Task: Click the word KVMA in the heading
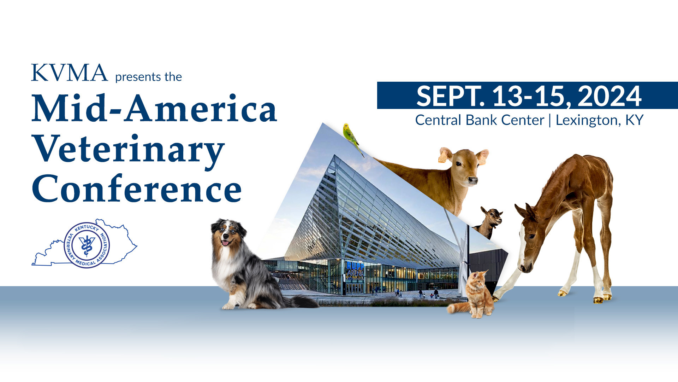click(x=69, y=73)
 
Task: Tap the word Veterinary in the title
click(x=128, y=150)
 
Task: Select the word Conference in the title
click(x=137, y=189)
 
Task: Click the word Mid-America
click(x=154, y=108)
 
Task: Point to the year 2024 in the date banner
click(x=609, y=96)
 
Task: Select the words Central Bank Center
click(x=480, y=120)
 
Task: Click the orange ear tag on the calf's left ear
click(x=442, y=158)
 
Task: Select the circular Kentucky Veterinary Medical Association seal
click(x=87, y=245)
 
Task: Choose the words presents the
click(x=148, y=77)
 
